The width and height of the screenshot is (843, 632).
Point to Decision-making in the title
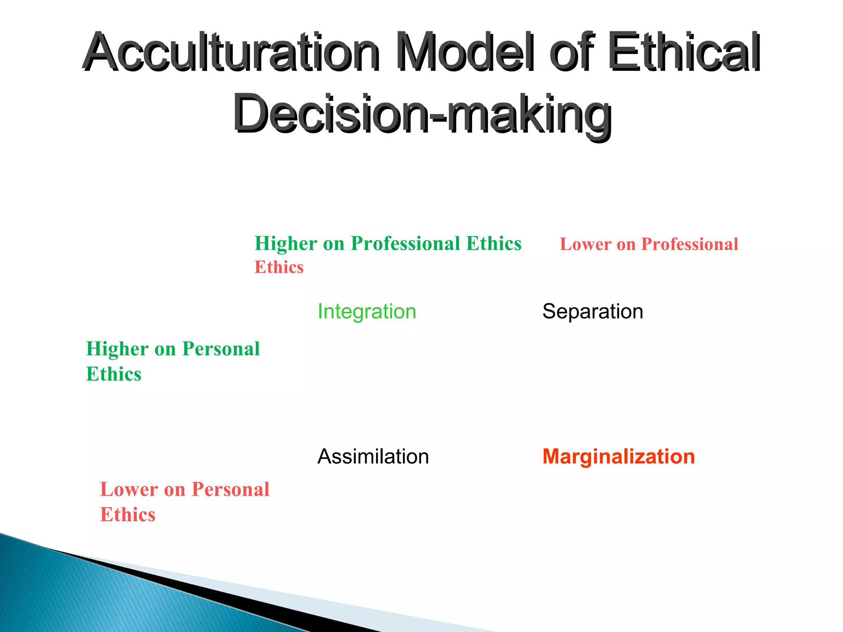coord(422,113)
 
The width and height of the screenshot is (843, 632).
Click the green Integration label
coord(367,311)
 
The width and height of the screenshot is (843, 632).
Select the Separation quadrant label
coord(592,311)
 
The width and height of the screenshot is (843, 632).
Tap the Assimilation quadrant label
coord(373,457)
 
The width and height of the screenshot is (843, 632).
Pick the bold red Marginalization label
coord(618,457)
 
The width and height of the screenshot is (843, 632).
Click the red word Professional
coord(690,244)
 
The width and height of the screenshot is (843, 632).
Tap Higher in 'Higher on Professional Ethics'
coord(286,244)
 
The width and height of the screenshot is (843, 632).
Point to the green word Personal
coord(221,349)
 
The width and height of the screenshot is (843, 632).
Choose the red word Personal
coord(231,490)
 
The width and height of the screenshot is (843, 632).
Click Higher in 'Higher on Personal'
coord(117,349)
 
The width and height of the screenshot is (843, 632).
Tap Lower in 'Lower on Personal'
coord(129,490)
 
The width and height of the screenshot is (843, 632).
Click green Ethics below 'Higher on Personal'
coord(114,374)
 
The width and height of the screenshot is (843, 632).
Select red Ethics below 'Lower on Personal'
coord(128,515)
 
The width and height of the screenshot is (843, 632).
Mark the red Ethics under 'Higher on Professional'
coord(279,267)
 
